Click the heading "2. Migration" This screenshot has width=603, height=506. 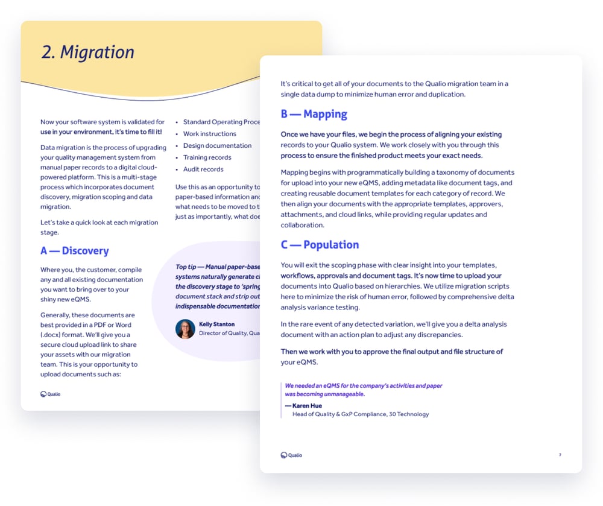pos(87,52)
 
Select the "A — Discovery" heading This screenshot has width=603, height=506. pos(74,251)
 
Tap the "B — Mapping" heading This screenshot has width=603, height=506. pos(314,114)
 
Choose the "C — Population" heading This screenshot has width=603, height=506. pos(320,245)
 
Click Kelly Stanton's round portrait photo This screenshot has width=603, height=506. pos(185,329)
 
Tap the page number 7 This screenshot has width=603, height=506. pos(560,455)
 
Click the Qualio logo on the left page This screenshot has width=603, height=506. pos(51,394)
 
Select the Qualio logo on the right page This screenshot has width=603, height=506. pos(291,455)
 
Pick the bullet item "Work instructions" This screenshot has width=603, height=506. pos(209,134)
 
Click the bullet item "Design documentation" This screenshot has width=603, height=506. pos(217,145)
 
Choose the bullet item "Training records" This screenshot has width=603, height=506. pos(207,157)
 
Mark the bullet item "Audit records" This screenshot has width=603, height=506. pos(203,169)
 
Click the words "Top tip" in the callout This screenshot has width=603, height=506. pos(185,267)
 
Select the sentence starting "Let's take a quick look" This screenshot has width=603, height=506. pos(99,227)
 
